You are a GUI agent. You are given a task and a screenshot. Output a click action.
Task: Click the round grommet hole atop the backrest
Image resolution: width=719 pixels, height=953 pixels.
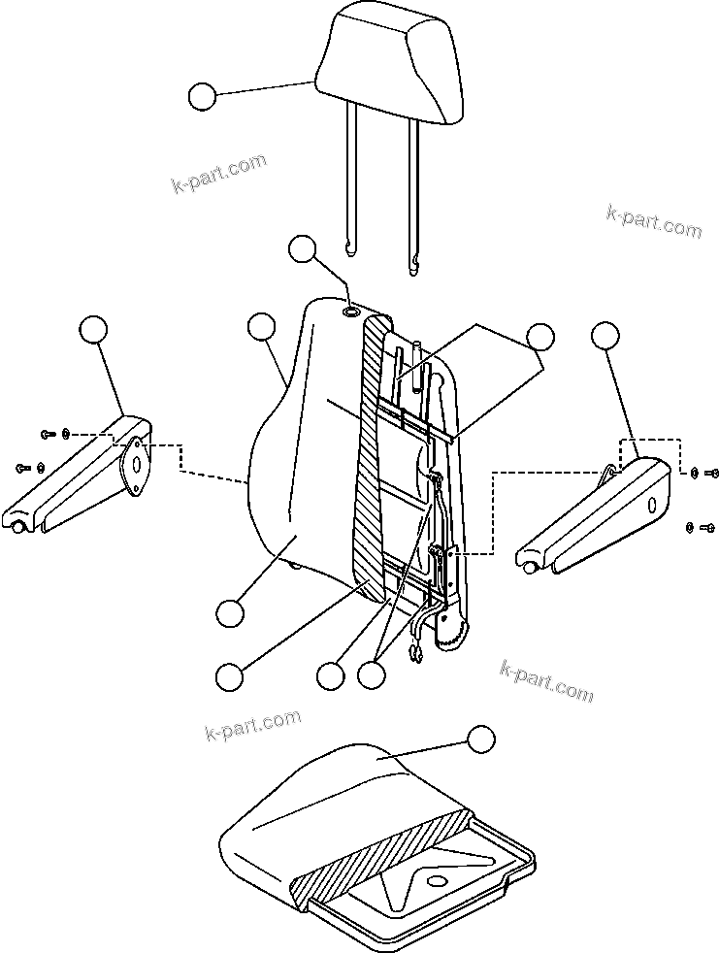(x=350, y=312)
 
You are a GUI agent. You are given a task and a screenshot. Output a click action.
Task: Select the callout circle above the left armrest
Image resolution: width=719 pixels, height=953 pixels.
(x=93, y=330)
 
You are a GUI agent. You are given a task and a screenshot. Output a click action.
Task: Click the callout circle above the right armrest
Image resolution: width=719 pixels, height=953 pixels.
(x=605, y=336)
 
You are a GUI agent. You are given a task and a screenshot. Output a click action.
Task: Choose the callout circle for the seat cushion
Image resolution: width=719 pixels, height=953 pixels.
(x=479, y=739)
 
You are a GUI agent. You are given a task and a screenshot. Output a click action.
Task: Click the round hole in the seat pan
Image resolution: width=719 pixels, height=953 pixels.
(x=435, y=881)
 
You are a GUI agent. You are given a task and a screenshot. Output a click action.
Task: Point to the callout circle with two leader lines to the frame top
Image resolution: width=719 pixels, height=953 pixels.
(x=539, y=337)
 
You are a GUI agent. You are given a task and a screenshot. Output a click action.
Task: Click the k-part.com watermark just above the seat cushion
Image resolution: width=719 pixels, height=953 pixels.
(x=253, y=724)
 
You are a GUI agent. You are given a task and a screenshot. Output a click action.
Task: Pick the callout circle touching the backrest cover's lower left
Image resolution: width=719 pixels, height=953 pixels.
(x=229, y=612)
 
